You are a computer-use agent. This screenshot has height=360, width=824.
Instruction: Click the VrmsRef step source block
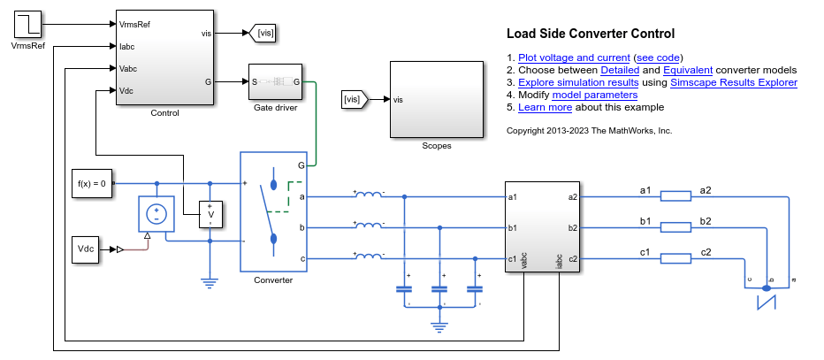(x=27, y=23)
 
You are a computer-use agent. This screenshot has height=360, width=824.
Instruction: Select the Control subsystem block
(x=164, y=57)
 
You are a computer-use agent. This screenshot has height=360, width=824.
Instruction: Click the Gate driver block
(x=275, y=82)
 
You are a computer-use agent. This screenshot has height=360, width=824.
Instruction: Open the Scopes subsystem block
(x=437, y=99)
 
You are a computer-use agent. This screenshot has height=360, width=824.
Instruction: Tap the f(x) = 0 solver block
(x=91, y=184)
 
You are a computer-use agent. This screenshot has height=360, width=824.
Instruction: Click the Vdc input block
(x=87, y=249)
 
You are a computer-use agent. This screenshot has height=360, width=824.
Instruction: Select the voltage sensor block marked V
(x=210, y=214)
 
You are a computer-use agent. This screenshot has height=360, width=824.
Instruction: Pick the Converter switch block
(x=273, y=212)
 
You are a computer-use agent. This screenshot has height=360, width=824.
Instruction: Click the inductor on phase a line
(x=369, y=195)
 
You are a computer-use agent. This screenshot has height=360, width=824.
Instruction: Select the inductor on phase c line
(x=369, y=257)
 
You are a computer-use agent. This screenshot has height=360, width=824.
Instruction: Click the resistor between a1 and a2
(x=675, y=196)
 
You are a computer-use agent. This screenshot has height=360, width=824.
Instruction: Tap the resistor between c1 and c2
(x=675, y=259)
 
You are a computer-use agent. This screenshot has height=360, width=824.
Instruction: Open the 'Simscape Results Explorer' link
(x=733, y=82)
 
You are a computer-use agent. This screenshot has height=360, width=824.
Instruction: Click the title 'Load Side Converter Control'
(x=590, y=34)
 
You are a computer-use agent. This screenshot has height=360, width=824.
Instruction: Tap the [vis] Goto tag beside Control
(x=263, y=34)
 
